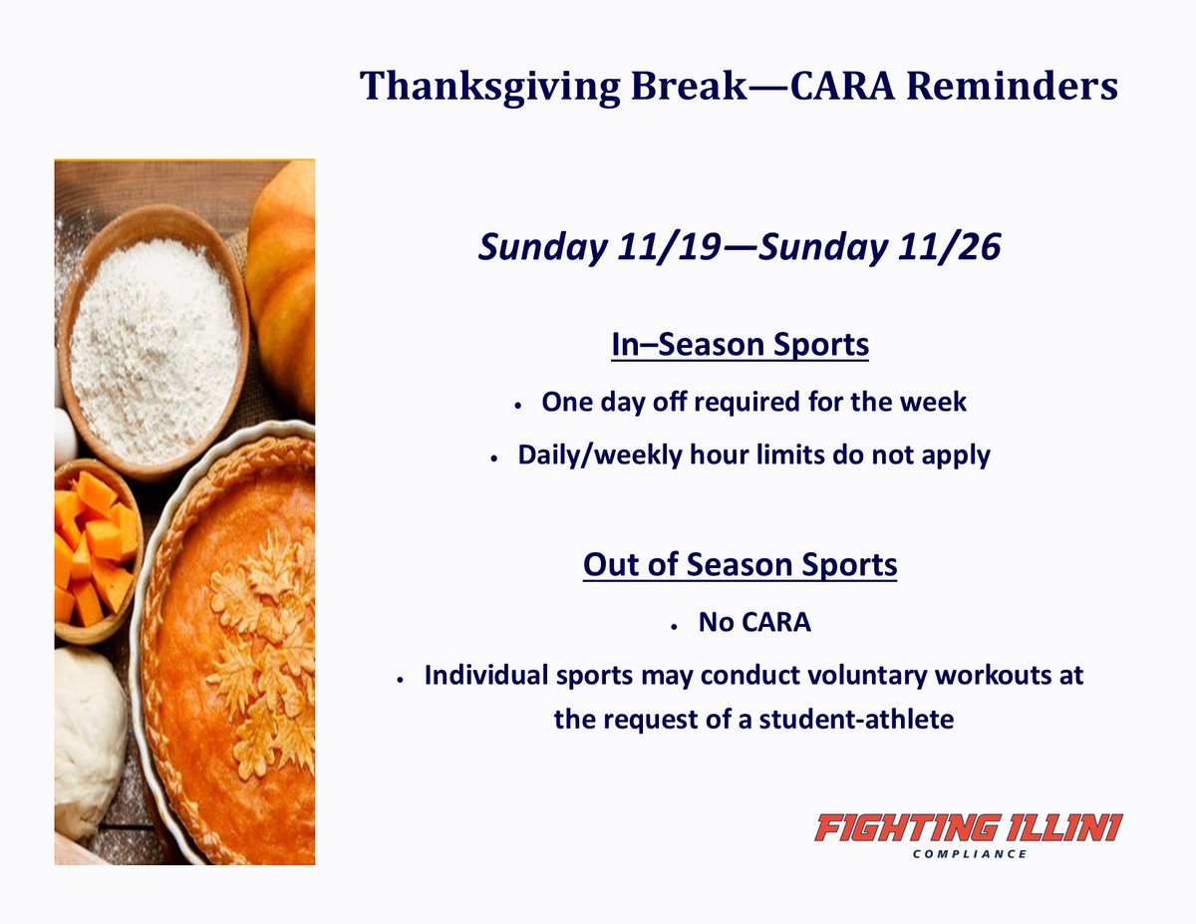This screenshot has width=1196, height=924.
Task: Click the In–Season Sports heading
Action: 740,346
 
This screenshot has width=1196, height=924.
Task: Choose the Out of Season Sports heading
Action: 740,565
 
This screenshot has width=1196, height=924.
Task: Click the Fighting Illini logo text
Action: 968,827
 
